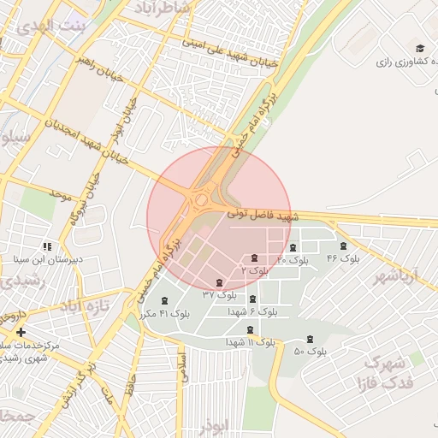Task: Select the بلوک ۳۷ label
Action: coord(220,293)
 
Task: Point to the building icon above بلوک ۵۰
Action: coord(310,340)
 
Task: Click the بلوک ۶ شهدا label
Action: coord(252,312)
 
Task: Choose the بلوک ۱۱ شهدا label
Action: coord(251,342)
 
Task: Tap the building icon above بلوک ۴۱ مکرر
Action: coord(164,299)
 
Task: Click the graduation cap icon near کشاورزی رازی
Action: coord(419,48)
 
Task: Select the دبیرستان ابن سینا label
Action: coord(47,257)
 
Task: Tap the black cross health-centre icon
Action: coord(21,331)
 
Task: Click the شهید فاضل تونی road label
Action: coord(263,217)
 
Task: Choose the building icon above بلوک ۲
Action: coord(254,258)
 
